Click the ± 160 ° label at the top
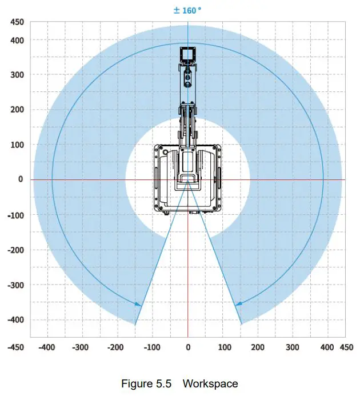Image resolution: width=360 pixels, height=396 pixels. [187, 10]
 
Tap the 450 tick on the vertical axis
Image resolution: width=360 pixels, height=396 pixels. [17, 22]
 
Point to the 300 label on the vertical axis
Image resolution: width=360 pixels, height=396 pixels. [17, 75]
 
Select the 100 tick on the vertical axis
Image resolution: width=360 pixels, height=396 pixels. [17, 145]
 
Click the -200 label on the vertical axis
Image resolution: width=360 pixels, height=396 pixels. [15, 250]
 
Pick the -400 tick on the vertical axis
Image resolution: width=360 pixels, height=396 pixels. [15, 320]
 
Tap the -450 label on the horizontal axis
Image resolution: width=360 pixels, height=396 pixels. [15, 347]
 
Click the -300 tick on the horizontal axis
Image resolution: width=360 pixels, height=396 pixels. [81, 347]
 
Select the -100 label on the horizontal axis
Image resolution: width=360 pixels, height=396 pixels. [152, 347]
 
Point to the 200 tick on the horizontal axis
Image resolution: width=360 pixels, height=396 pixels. [258, 347]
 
